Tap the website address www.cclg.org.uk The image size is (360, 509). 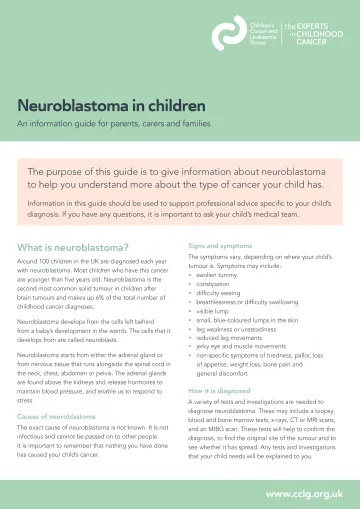[304, 493]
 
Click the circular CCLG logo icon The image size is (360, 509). [229, 34]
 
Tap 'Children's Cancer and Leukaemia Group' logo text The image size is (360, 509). [265, 34]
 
